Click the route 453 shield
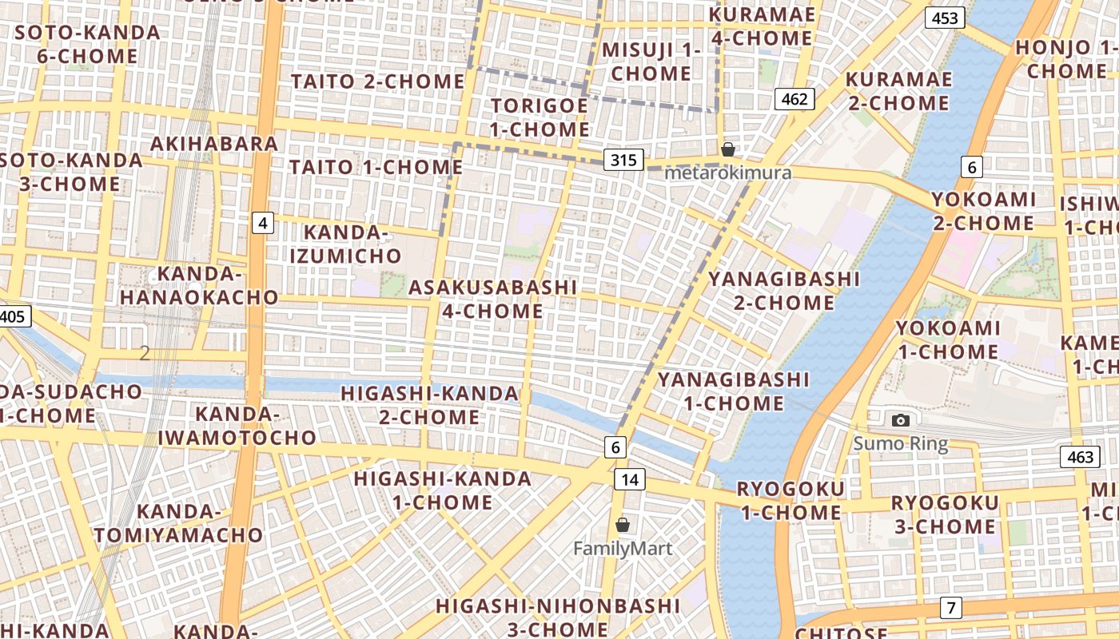click(x=945, y=18)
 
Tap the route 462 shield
click(x=794, y=99)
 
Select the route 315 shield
click(x=623, y=160)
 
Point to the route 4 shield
click(x=262, y=223)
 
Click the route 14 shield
click(x=630, y=479)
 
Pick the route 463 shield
click(x=1080, y=457)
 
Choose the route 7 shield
click(x=950, y=607)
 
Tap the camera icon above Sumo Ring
click(x=901, y=420)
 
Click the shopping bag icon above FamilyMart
click(x=623, y=525)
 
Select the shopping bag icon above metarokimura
click(x=727, y=149)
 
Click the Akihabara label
click(x=214, y=144)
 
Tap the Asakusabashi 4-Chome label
click(x=493, y=299)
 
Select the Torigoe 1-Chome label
click(x=540, y=117)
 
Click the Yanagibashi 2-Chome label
click(x=784, y=291)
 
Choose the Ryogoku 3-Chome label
click(x=945, y=514)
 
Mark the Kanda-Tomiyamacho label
click(x=178, y=523)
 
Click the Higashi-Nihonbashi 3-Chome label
click(x=558, y=617)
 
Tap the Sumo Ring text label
click(x=901, y=444)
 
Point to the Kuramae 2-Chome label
click(x=898, y=91)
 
